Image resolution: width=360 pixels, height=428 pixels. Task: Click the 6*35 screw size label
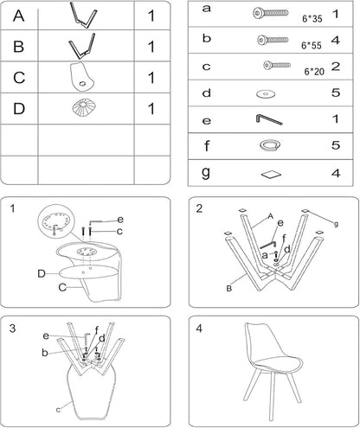point(312,19)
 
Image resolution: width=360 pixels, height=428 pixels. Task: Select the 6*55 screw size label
point(312,46)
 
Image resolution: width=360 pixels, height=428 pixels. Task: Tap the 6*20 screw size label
point(314,72)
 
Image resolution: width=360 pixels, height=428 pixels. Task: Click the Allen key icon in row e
point(269,119)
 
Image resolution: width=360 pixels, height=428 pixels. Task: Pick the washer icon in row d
point(266,94)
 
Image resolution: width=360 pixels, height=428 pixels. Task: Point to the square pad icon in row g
point(271,175)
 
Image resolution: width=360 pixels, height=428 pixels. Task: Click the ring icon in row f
point(270,145)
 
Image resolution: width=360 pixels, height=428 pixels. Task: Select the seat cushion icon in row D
point(84,108)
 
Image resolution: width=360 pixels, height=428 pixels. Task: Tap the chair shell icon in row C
point(82,76)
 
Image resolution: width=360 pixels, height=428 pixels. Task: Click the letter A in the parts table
point(19,16)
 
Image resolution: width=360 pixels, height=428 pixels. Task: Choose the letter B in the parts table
point(19,47)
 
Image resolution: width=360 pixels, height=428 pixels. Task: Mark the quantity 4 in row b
point(336,40)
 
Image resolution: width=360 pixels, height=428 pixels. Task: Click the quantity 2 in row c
point(336,67)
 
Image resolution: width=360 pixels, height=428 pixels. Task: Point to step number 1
point(12,208)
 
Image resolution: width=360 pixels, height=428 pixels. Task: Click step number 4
point(199,329)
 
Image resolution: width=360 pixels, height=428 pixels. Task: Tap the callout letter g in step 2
point(336,224)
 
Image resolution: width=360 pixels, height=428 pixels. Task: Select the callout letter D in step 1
point(42,273)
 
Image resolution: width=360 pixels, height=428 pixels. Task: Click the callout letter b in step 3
point(45,352)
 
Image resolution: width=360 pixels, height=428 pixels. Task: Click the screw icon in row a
point(271,13)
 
